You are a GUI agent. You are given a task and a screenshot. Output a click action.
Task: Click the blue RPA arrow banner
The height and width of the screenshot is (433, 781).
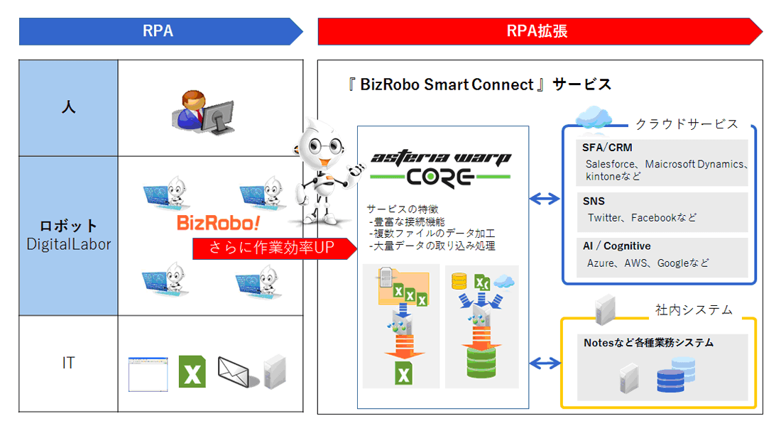tap(160, 32)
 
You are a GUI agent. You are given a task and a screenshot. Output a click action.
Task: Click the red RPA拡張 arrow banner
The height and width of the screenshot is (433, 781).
tap(538, 32)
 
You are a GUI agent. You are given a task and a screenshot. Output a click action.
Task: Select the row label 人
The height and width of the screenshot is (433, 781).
tap(68, 109)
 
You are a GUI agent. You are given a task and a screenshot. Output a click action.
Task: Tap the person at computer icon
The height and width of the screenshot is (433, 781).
tap(202, 111)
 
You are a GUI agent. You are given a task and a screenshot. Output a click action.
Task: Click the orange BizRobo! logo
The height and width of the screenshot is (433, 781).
tap(219, 224)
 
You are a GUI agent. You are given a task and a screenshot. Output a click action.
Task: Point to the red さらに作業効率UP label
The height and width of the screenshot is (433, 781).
tap(274, 248)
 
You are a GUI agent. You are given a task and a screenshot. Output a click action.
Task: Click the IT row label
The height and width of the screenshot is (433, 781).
tap(68, 363)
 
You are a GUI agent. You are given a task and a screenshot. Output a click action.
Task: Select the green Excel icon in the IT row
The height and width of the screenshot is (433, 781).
tap(192, 371)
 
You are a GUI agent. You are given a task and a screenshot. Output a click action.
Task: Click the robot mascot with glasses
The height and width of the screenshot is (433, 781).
tap(323, 170)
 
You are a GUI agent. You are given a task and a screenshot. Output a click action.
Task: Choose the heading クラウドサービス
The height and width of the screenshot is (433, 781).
tap(686, 124)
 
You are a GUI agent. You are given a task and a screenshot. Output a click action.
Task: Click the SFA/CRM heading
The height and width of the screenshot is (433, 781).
tap(607, 148)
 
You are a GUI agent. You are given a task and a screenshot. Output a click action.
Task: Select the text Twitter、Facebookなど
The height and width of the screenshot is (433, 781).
tap(642, 218)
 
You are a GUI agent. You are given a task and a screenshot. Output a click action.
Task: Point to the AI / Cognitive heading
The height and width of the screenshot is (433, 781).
tap(616, 246)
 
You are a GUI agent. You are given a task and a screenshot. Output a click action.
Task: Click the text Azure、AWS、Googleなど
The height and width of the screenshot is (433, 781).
tap(648, 263)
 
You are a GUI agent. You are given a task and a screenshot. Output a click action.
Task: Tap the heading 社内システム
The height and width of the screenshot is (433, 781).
tap(693, 309)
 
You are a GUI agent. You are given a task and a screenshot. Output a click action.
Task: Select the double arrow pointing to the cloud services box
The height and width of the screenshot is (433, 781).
tap(545, 199)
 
